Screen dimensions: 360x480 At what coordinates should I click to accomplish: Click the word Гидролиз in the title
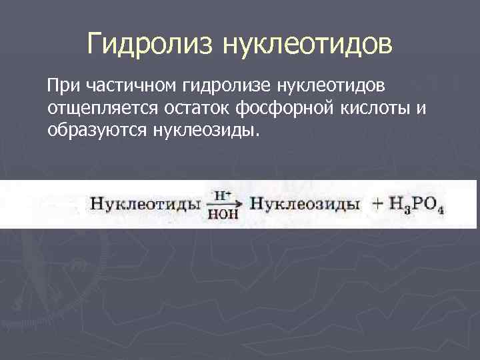(151, 45)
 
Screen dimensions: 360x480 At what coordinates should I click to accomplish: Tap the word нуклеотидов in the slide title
(307, 45)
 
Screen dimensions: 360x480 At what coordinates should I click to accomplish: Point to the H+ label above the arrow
(222, 195)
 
